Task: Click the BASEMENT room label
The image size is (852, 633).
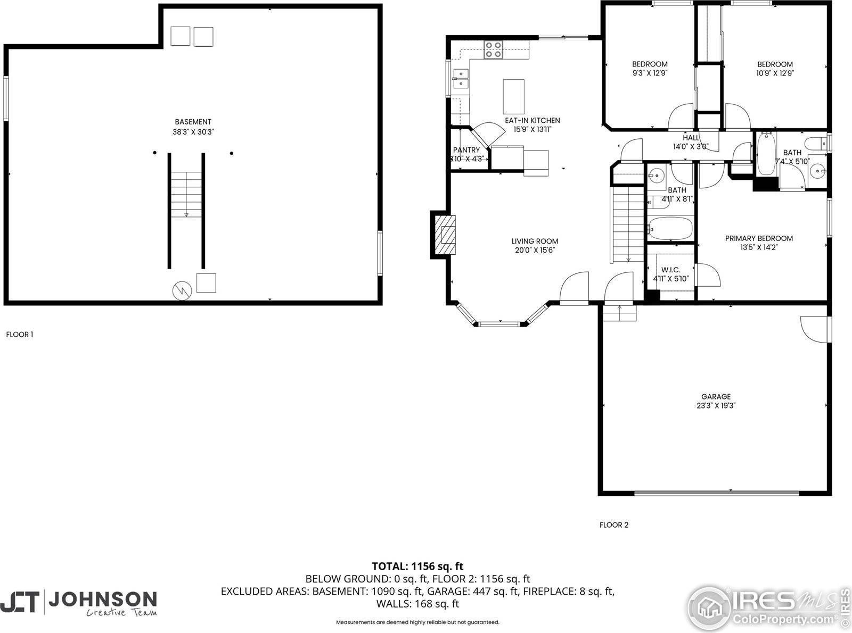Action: click(x=193, y=122)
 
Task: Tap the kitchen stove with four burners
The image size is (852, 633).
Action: click(x=493, y=49)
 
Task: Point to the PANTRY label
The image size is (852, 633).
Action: click(x=466, y=150)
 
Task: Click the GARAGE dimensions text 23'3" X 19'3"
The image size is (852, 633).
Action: click(x=716, y=405)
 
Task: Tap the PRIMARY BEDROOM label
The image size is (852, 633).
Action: click(x=759, y=238)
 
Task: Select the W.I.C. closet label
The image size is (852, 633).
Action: click(x=670, y=270)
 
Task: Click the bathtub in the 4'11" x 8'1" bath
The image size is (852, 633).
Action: click(x=670, y=229)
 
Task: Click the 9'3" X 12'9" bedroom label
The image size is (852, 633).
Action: click(x=650, y=64)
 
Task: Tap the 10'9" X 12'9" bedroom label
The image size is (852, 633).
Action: click(x=775, y=64)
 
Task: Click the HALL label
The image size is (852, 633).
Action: click(x=691, y=138)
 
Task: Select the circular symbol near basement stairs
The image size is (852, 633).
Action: click(x=181, y=290)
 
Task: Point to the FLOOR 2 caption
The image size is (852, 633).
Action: click(x=613, y=525)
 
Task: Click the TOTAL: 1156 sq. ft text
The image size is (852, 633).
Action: click(x=417, y=567)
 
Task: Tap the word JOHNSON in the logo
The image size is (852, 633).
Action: click(x=103, y=599)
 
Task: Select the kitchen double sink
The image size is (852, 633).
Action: click(x=460, y=78)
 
